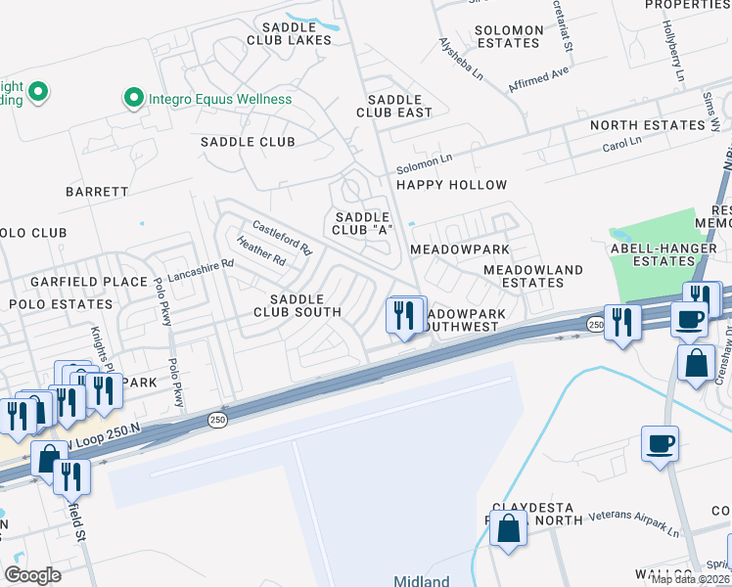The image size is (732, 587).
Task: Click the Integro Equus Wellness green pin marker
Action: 133,98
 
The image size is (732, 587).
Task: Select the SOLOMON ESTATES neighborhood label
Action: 508,37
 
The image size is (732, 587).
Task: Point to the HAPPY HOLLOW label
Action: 451,185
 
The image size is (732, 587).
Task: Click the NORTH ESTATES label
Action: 647,125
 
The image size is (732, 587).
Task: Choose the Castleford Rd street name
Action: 282,236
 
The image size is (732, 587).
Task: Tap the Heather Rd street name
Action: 259,253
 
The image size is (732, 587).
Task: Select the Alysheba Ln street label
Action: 461,59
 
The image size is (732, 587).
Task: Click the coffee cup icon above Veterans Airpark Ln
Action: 660,443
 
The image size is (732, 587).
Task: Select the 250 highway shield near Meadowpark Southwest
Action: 596,324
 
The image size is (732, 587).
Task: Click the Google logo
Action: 32,574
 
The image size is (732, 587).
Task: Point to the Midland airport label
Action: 421,579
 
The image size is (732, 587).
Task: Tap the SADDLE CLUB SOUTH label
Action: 297,305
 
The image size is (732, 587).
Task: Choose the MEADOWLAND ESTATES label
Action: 532,276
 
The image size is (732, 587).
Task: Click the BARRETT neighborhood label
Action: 97,192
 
